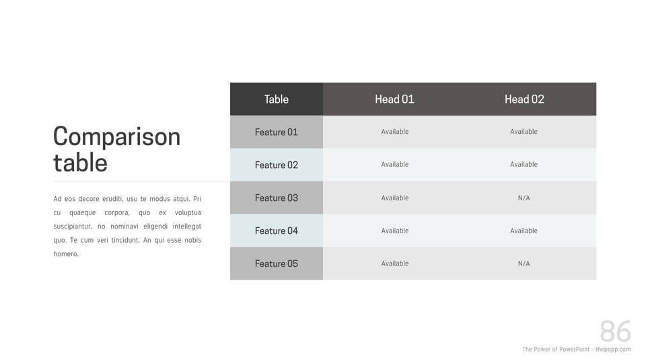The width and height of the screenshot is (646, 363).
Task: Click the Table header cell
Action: [x=277, y=99]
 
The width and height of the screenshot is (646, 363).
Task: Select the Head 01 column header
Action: [x=394, y=99]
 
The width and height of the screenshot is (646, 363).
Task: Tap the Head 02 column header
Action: [x=524, y=99]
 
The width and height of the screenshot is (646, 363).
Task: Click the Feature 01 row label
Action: [x=277, y=132]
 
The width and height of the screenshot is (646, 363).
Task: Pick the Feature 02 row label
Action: [x=277, y=165]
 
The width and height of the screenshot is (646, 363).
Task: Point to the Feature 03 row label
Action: [x=277, y=198]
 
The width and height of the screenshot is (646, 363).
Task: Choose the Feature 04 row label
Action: [x=277, y=231]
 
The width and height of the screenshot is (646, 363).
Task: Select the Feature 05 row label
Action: [x=277, y=264]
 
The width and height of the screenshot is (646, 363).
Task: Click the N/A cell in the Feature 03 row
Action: [x=524, y=198]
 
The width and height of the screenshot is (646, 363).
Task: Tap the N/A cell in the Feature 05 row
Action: [x=524, y=264]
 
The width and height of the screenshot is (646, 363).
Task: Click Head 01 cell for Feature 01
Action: [x=395, y=132]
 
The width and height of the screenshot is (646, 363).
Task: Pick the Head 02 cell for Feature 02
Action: [x=524, y=164]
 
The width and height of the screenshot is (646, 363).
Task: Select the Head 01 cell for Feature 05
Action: [x=395, y=264]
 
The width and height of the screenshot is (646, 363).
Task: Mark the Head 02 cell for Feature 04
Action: [x=524, y=231]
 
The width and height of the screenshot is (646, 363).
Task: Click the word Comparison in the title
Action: [x=117, y=137]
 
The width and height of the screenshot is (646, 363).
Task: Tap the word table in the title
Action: [x=80, y=162]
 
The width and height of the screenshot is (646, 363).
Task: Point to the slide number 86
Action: [x=616, y=331]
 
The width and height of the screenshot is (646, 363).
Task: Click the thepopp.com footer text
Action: [x=613, y=350]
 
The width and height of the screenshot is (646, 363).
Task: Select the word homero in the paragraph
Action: [x=66, y=254]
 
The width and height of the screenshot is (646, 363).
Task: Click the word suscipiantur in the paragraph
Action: [x=73, y=227]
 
